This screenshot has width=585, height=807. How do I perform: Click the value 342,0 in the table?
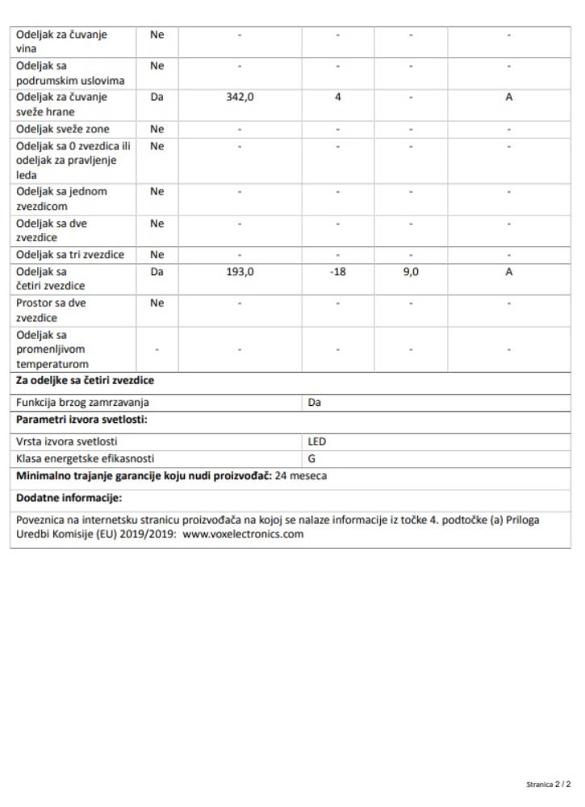[240, 97]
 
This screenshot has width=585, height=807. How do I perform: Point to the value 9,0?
[411, 272]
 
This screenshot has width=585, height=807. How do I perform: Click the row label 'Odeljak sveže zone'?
[63, 129]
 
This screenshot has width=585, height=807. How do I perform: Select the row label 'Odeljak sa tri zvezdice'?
[70, 255]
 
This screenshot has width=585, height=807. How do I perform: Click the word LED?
[317, 441]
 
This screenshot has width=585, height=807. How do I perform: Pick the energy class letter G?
[312, 458]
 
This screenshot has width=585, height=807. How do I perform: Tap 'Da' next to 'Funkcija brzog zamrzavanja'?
[315, 402]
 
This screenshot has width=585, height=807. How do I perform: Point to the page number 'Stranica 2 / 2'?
[548, 784]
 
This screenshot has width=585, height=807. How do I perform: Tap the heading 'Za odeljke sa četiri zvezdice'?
[86, 381]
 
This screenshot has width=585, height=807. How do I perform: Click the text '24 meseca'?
[301, 476]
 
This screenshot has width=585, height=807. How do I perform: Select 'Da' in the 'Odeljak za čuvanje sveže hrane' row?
[157, 97]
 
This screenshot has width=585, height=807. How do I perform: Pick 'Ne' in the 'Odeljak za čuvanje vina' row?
[157, 34]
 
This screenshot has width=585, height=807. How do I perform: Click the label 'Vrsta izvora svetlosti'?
[66, 441]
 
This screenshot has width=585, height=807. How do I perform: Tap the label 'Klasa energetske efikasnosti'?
[85, 458]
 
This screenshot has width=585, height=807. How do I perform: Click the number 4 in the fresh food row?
[338, 97]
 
